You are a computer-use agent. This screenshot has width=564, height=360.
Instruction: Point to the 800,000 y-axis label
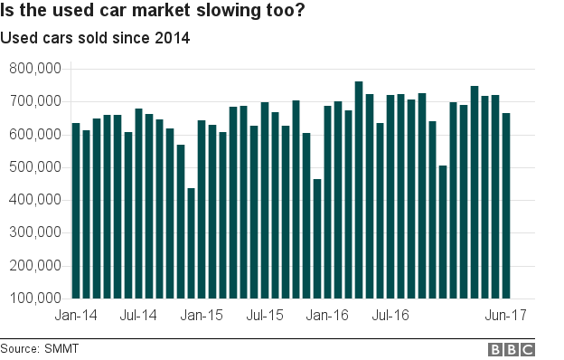click(x=33, y=69)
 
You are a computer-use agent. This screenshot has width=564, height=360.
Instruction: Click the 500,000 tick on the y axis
click(x=33, y=167)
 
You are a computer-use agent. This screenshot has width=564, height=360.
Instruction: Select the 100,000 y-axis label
click(x=33, y=298)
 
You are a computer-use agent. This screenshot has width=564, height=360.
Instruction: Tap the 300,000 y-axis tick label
click(x=33, y=232)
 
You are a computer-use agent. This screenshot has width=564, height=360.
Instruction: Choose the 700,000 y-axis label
click(x=33, y=101)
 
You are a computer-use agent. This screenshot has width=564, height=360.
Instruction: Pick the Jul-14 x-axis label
click(x=138, y=316)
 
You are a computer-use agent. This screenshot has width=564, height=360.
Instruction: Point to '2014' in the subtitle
click(x=173, y=39)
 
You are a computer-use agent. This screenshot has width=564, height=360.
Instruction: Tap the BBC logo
click(x=512, y=349)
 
